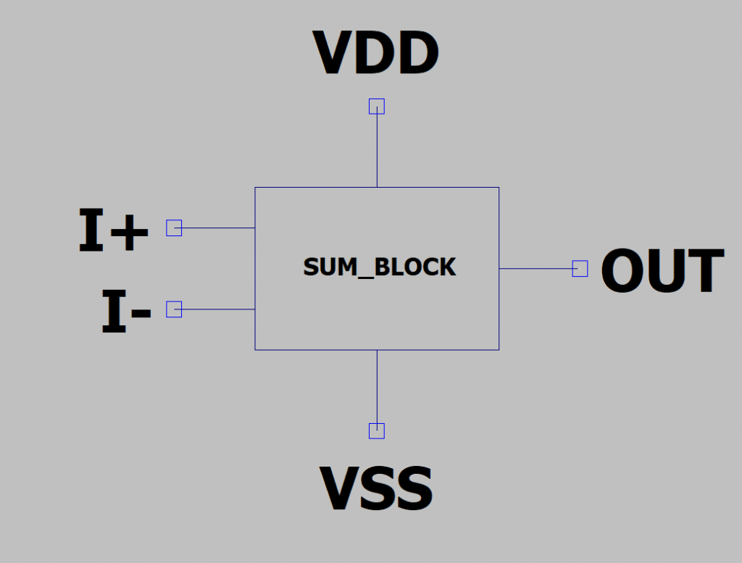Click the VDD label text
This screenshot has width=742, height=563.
pyautogui.click(x=375, y=54)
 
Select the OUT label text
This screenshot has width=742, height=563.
pyautogui.click(x=662, y=272)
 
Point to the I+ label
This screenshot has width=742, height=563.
pyautogui.click(x=113, y=231)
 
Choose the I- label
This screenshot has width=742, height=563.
pyautogui.click(x=125, y=312)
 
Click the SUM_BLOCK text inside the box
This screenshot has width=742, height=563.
pyautogui.click(x=379, y=267)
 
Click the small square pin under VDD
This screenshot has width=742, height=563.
pyautogui.click(x=377, y=107)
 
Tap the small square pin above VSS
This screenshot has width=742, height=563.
pyautogui.click(x=377, y=431)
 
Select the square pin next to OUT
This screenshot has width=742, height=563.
pyautogui.click(x=580, y=269)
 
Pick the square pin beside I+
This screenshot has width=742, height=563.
pyautogui.click(x=174, y=228)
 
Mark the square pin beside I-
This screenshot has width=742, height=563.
pyautogui.click(x=174, y=309)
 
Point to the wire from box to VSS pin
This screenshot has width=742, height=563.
pyautogui.click(x=377, y=387)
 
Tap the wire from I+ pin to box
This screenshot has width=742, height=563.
pyautogui.click(x=217, y=228)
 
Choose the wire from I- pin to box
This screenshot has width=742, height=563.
pyautogui.click(x=217, y=309)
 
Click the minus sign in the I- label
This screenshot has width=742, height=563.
pyautogui.click(x=141, y=314)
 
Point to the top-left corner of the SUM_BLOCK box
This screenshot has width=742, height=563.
pyautogui.click(x=255, y=188)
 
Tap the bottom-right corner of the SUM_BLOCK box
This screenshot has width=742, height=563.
pyautogui.click(x=499, y=350)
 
